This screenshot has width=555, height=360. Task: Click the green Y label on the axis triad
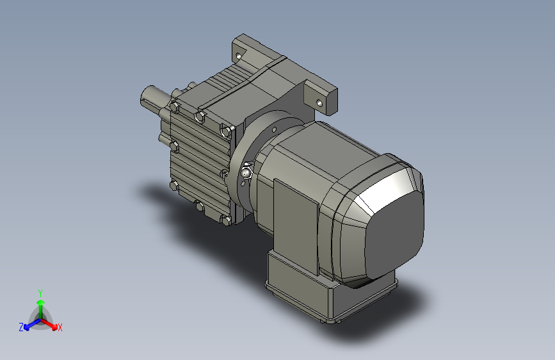(x=40, y=292)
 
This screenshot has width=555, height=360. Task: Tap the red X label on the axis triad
(x=60, y=328)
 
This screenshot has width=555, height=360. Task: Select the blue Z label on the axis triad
(x=20, y=327)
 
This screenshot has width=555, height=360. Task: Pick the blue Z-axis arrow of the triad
(x=29, y=324)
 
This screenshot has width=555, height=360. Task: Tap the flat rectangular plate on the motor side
(x=296, y=211)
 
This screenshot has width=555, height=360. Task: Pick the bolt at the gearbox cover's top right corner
(x=225, y=132)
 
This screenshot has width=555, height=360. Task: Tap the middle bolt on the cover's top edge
(x=199, y=116)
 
